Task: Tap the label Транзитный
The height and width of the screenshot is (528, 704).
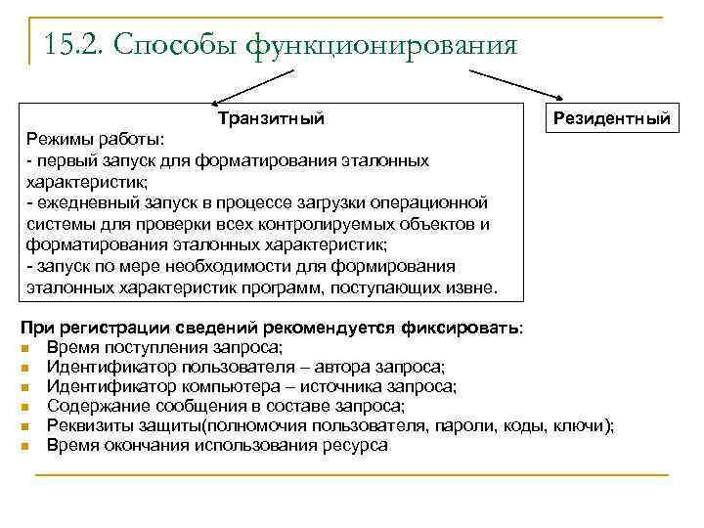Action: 272,118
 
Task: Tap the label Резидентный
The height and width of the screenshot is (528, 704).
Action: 612,118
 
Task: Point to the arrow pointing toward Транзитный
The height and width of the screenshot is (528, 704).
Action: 244,84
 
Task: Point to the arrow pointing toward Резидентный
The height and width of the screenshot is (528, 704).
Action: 518,84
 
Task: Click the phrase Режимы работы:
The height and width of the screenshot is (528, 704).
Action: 96,139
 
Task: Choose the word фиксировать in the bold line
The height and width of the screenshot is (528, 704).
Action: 460,329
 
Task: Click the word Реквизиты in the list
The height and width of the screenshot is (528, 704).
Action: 87,425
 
